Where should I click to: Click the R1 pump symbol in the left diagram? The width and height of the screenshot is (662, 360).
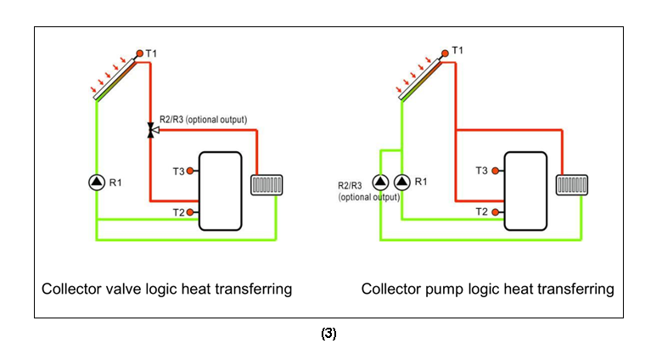click(96, 182)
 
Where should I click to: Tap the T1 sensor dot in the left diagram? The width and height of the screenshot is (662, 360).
click(139, 54)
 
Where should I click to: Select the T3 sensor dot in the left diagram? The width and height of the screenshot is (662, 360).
click(190, 172)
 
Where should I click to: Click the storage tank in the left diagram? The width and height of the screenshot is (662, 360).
click(220, 191)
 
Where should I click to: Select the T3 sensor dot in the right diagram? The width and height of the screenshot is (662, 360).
click(496, 171)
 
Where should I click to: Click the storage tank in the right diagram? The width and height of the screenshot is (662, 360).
click(526, 190)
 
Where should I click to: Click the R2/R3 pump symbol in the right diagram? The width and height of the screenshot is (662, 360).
click(379, 181)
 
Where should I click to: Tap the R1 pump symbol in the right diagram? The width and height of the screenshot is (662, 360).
click(401, 181)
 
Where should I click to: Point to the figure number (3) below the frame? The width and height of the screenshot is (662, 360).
click(328, 334)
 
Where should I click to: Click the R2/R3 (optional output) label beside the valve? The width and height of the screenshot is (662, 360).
click(203, 119)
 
